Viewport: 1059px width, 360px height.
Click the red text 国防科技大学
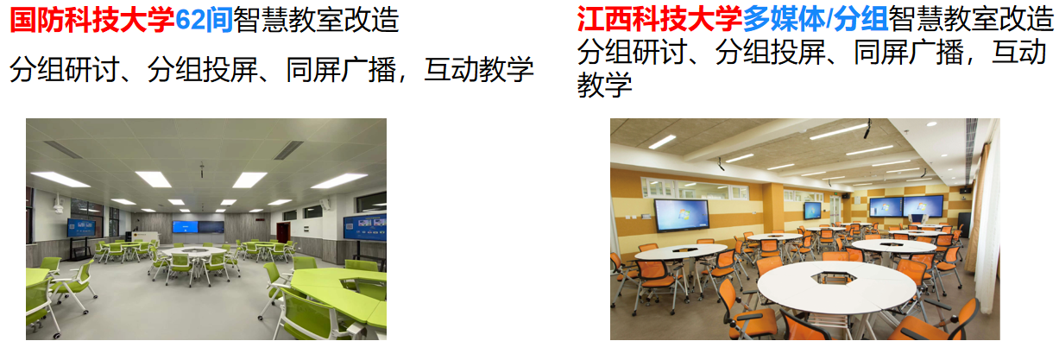coord(92,20)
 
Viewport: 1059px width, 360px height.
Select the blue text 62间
coord(204,20)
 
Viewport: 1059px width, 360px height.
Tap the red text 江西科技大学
coord(659,19)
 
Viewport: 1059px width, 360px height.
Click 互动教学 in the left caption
coord(479,70)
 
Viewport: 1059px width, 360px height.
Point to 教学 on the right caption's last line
coord(604,85)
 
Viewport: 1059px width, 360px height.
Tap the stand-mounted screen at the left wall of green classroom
coord(81,228)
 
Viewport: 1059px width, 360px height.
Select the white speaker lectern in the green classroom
coord(145,238)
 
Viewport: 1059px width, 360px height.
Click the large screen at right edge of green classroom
coord(365,227)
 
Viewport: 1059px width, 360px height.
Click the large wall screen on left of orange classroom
coord(682,215)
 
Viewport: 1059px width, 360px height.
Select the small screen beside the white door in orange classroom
coord(813,210)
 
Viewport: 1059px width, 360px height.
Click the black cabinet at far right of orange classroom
coord(963,224)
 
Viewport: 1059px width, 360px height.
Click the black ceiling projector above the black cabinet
coord(965,190)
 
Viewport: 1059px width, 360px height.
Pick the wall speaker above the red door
coord(260,219)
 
